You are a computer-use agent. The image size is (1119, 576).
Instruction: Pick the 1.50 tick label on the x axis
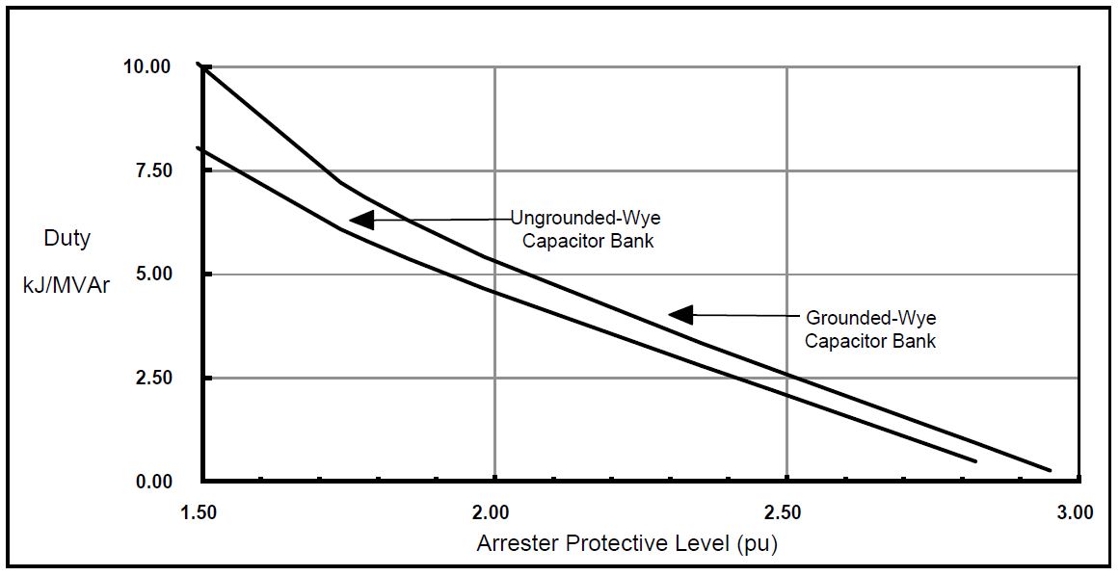(200, 512)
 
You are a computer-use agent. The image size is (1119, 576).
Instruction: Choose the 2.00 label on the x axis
(493, 512)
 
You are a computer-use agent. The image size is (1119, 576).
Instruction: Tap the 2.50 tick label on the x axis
(786, 512)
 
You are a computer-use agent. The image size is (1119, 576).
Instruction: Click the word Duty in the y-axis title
(67, 238)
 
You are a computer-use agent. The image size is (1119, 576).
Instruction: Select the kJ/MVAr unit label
(67, 286)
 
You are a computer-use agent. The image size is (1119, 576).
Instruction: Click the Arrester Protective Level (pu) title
(626, 543)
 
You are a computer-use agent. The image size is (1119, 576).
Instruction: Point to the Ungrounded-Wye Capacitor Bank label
(586, 229)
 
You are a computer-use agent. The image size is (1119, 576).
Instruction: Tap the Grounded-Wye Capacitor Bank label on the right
(870, 328)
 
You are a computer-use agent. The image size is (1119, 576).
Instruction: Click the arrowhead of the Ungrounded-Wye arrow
(360, 220)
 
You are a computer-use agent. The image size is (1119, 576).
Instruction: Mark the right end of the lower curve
(976, 461)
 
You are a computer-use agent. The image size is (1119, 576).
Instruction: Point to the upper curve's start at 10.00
(200, 65)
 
